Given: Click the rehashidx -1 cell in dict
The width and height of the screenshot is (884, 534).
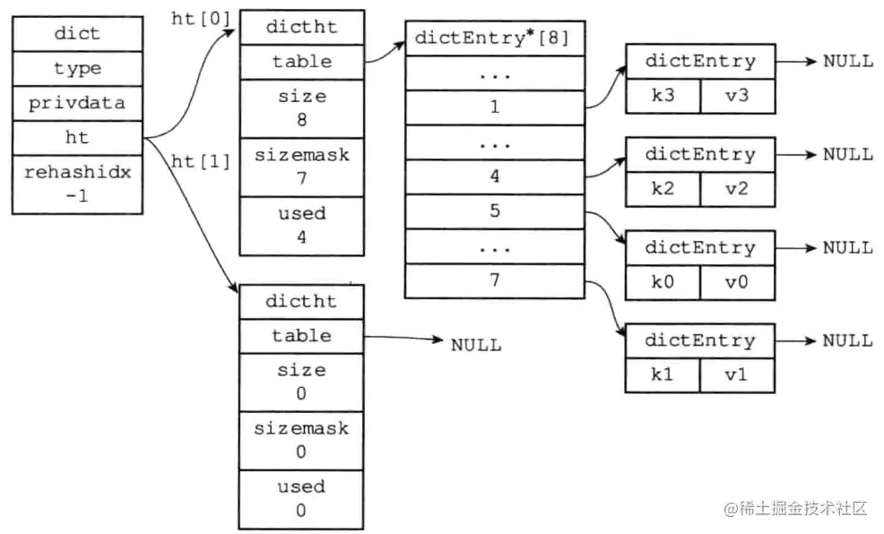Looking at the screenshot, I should [x=77, y=184].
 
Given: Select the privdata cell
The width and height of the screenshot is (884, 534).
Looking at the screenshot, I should [x=77, y=102].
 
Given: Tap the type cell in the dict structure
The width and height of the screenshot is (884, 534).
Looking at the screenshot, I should [x=77, y=68].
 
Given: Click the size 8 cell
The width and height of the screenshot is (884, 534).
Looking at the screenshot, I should [x=301, y=108].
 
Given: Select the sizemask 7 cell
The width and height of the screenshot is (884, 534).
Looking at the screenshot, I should [x=301, y=167].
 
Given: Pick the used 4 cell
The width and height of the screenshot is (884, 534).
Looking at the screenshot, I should [x=301, y=225].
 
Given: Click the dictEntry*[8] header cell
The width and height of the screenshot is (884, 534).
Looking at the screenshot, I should [x=494, y=39].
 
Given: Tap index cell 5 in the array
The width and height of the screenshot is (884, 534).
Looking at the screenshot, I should [x=494, y=211].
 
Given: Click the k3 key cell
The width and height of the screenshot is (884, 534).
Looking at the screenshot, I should [x=663, y=95].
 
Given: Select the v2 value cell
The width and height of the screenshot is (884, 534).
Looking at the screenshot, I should [x=736, y=189].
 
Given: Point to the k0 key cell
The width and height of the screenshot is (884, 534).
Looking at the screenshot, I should [x=663, y=282].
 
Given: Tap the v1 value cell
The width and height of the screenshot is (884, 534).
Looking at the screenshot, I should [x=736, y=375].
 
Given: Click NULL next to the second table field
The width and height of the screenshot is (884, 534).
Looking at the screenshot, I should [x=475, y=345].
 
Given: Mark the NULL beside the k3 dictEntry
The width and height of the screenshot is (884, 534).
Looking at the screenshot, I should [x=847, y=61].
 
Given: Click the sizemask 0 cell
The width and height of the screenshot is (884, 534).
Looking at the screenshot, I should [x=301, y=440].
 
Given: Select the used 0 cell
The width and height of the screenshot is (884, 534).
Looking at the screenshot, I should [x=301, y=498].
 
